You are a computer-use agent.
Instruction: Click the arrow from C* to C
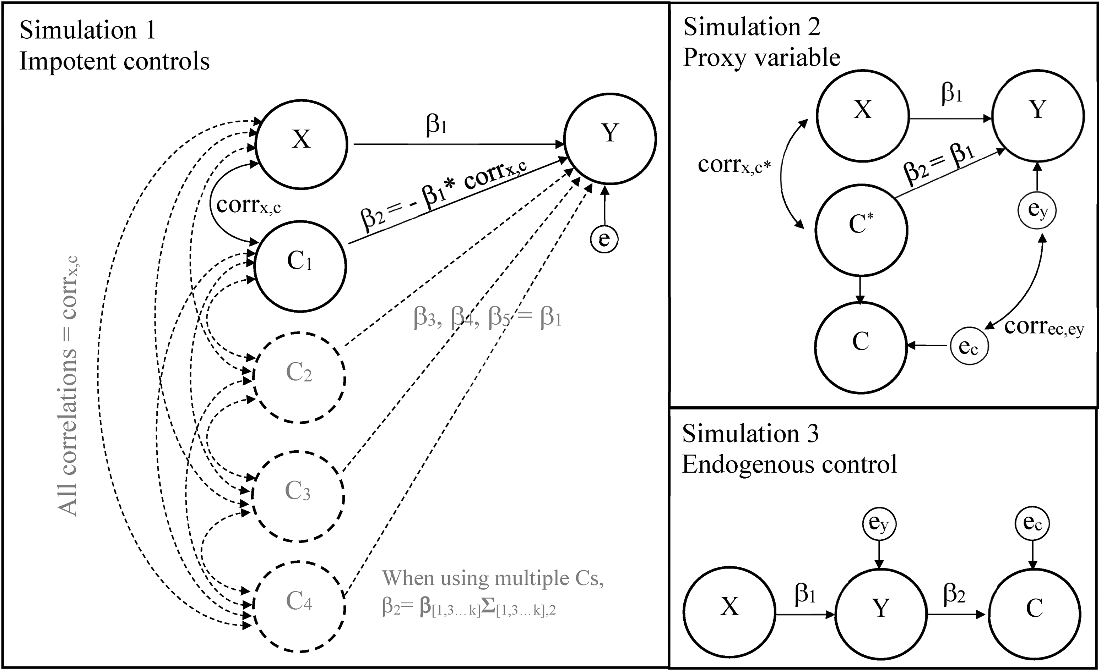pos(861,291)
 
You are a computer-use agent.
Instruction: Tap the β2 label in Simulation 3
pos(954,595)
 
